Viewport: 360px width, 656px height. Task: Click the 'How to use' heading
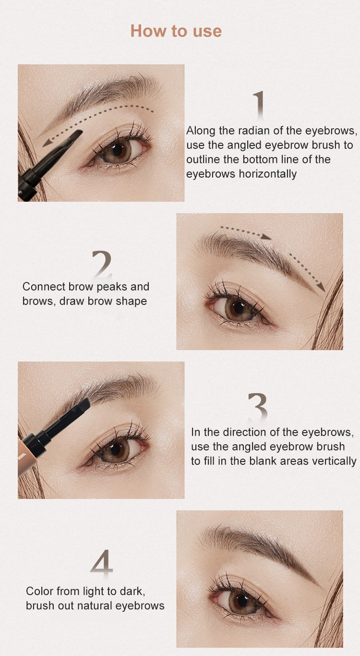pyautogui.click(x=176, y=31)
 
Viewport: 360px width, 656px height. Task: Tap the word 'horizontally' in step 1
pyautogui.click(x=268, y=174)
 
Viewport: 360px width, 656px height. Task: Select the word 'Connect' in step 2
pyautogui.click(x=44, y=286)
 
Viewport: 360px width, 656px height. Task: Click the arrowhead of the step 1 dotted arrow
pyautogui.click(x=47, y=143)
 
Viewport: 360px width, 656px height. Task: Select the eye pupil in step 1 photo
pyautogui.click(x=118, y=150)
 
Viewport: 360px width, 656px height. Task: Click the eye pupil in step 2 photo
pyautogui.click(x=239, y=307)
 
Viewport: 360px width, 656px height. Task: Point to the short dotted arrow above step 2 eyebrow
pyautogui.click(x=246, y=232)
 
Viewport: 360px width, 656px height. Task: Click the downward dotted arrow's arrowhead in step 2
pyautogui.click(x=322, y=287)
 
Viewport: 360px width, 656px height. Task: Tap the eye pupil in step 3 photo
pyautogui.click(x=116, y=449)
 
